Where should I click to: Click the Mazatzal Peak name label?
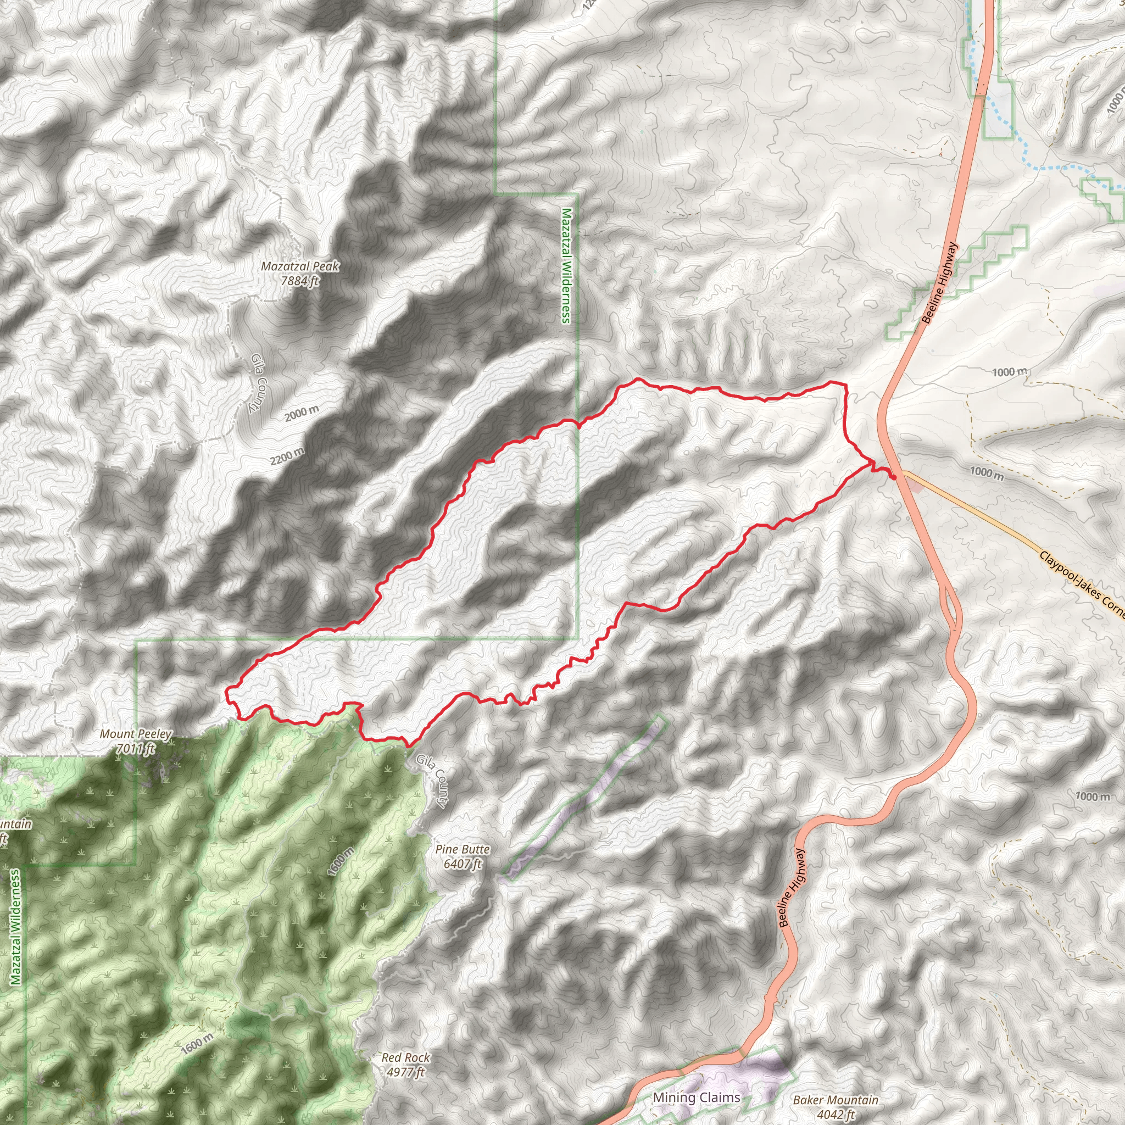(300, 266)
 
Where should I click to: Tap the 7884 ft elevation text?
(300, 281)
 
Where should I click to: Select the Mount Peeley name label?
(136, 734)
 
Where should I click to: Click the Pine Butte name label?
(463, 850)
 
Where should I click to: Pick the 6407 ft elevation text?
(463, 864)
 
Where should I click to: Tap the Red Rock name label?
(405, 1057)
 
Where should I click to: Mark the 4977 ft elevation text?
(405, 1072)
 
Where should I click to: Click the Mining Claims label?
(697, 1098)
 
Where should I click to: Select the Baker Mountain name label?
(835, 1100)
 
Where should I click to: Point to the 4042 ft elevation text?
(835, 1115)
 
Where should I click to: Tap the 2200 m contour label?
(287, 456)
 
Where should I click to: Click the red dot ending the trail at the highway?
(894, 477)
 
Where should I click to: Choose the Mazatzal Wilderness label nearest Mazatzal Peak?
(565, 265)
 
